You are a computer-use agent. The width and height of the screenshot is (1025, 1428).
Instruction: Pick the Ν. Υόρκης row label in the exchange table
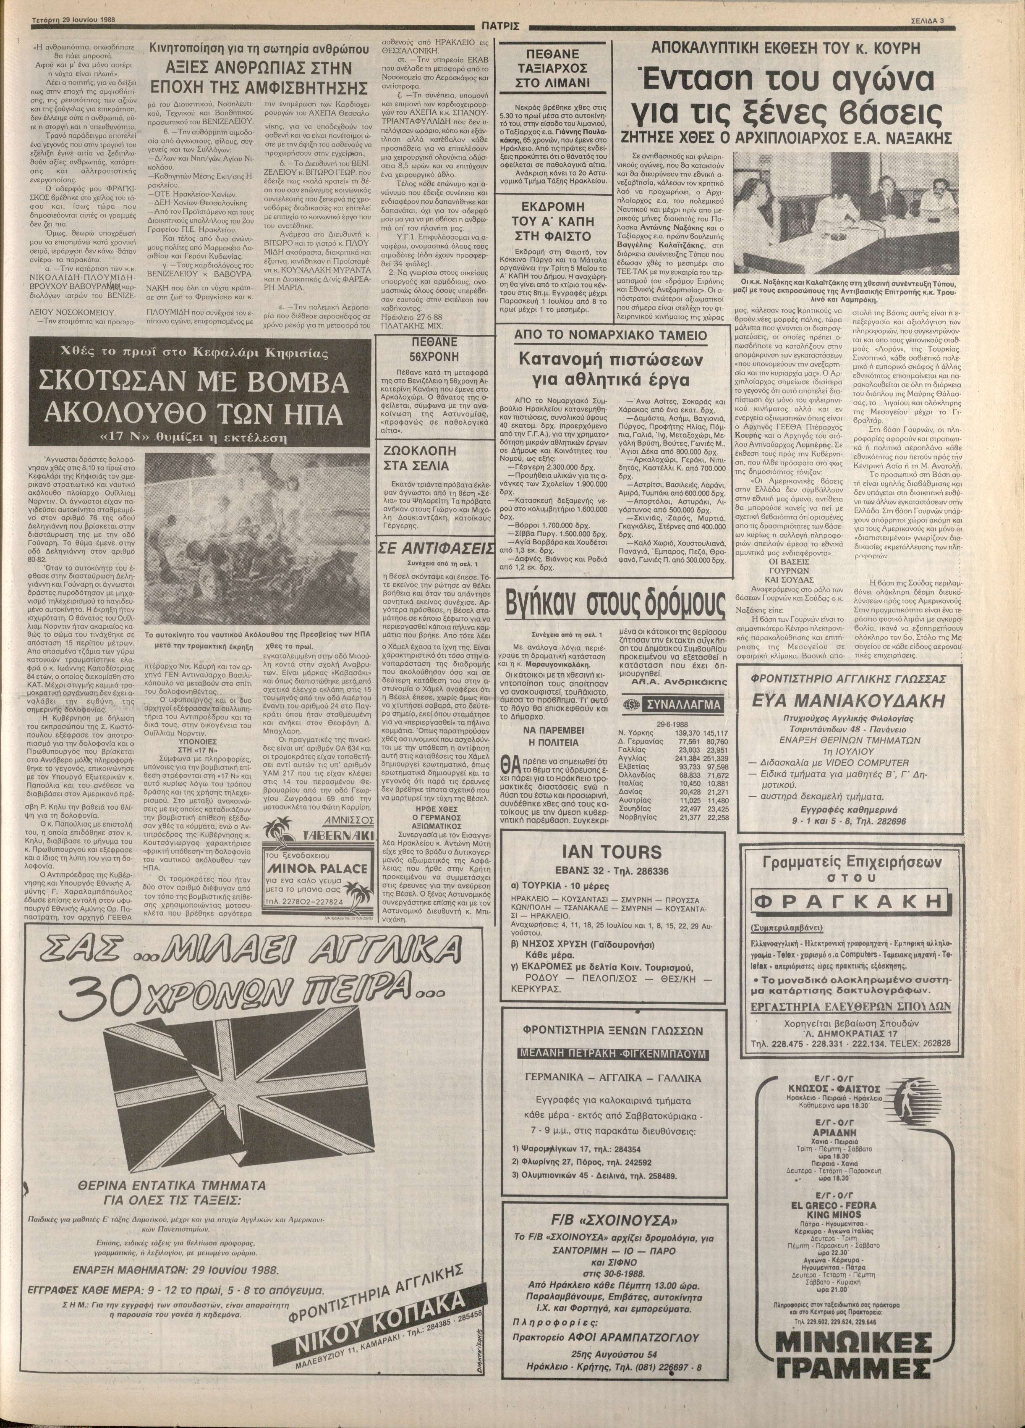(x=638, y=733)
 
